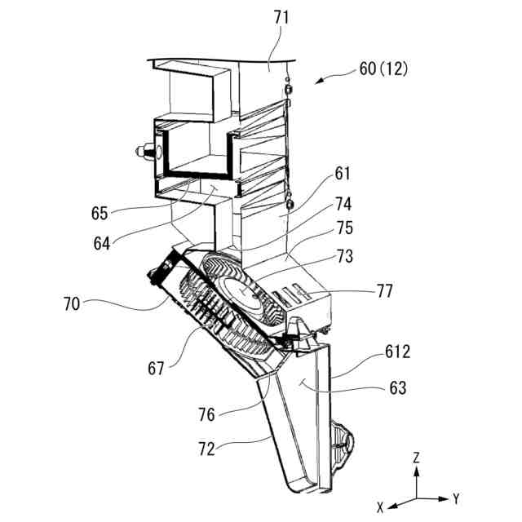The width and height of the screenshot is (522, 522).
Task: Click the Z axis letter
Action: (x=416, y=458)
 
